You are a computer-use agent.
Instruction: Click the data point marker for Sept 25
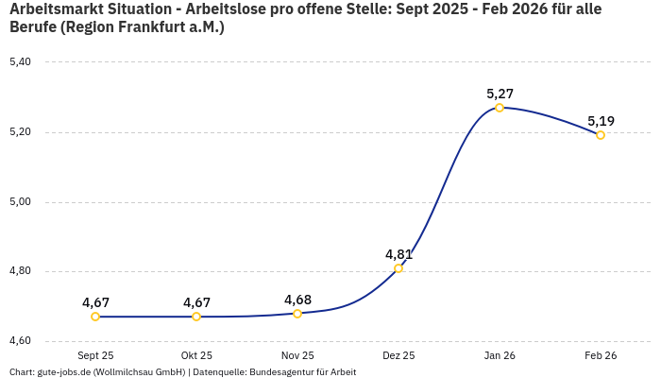tap(95, 317)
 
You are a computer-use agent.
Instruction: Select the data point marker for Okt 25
tap(196, 317)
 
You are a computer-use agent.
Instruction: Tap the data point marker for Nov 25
tap(297, 314)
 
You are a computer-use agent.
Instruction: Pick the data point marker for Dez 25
tap(398, 268)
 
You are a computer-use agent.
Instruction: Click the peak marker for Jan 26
tap(500, 108)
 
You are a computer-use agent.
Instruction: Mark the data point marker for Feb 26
tap(601, 135)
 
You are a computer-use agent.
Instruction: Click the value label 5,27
tap(500, 94)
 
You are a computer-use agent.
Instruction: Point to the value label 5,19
tap(601, 121)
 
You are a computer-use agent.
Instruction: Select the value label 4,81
tap(398, 254)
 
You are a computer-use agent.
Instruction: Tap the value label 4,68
tap(297, 300)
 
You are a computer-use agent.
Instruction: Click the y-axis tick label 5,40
tap(20, 62)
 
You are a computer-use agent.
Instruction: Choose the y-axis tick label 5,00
tap(20, 202)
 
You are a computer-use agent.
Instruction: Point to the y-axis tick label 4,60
tap(20, 341)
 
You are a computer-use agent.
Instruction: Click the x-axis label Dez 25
tap(398, 355)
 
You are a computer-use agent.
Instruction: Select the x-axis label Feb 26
tap(601, 355)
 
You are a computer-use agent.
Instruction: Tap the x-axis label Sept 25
tap(95, 355)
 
